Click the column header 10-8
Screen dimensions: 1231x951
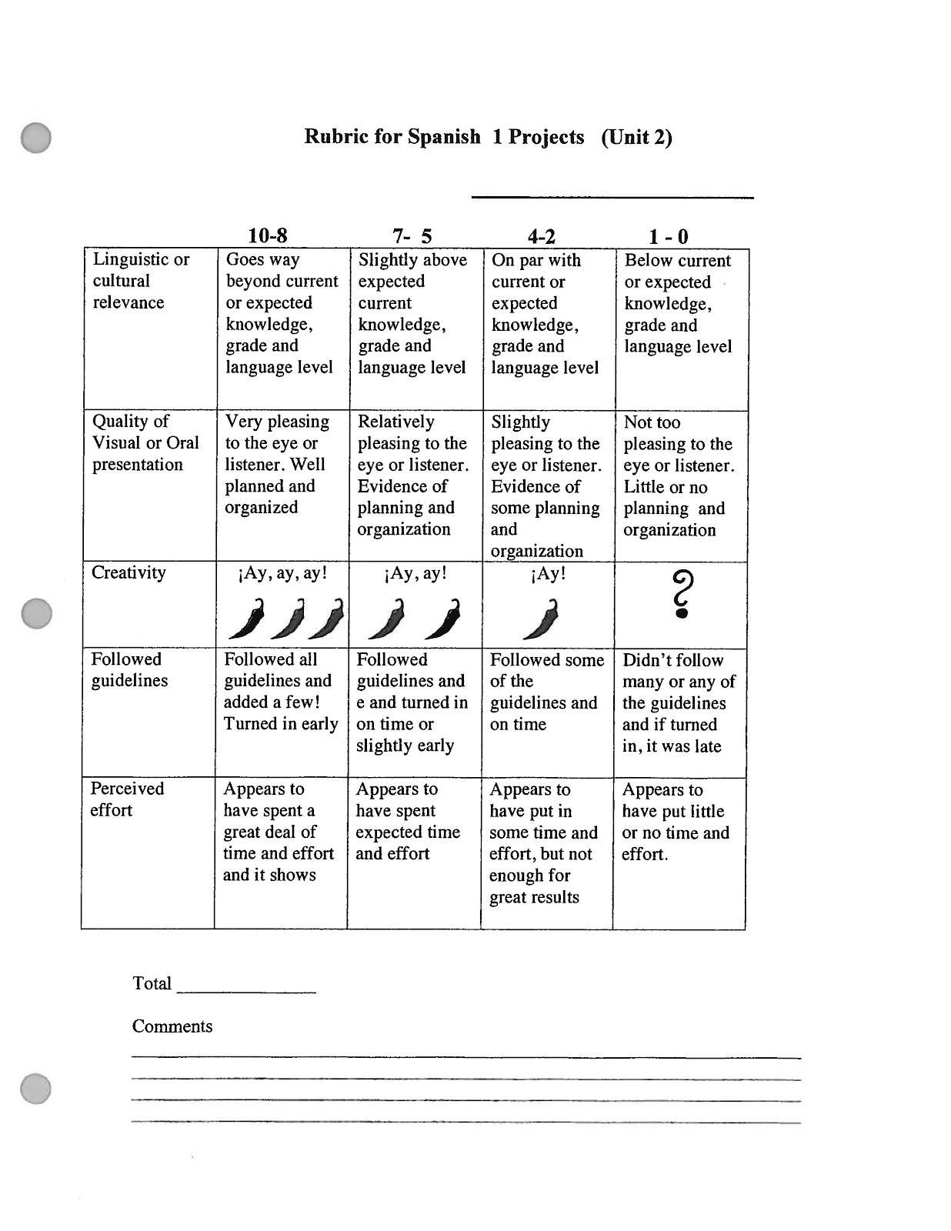tap(267, 235)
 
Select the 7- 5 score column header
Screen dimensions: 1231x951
tap(412, 235)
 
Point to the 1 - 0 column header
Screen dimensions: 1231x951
tap(668, 236)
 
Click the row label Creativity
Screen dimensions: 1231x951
tap(128, 573)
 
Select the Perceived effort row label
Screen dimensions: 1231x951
tap(127, 799)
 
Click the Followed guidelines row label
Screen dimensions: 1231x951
tap(128, 670)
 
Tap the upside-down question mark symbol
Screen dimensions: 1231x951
tap(682, 593)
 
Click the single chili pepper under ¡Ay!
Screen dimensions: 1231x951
tap(541, 619)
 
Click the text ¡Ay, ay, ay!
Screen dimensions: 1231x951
tap(282, 574)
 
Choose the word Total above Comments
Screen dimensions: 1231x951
tap(152, 983)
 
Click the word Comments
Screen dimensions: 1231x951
tap(172, 1026)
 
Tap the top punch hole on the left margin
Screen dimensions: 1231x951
tap(35, 138)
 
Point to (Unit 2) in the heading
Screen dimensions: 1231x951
tap(636, 137)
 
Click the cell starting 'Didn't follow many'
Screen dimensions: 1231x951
tap(679, 703)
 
